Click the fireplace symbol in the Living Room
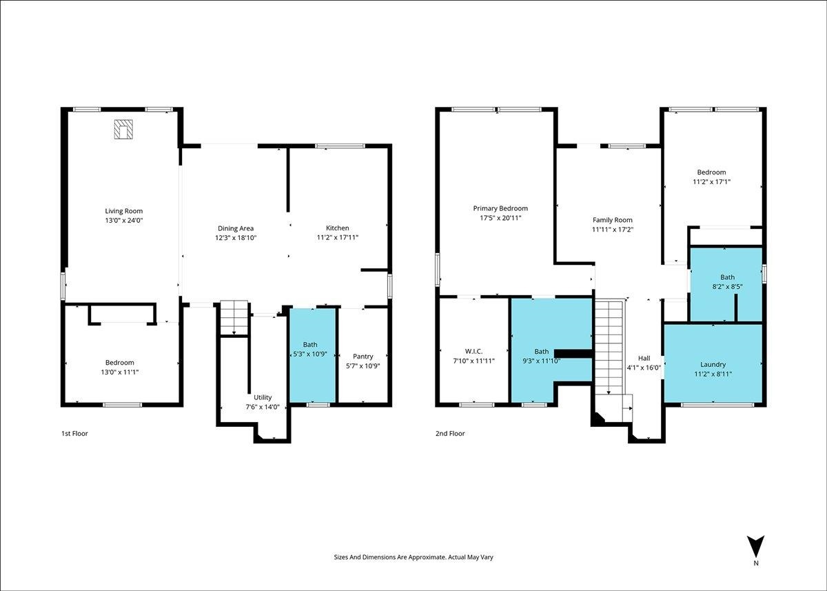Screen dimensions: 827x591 [123, 129]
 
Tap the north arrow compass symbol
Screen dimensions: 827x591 [755, 557]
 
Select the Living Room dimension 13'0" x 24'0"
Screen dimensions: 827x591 [123, 221]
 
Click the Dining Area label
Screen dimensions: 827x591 [236, 228]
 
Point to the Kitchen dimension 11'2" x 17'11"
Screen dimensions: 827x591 [338, 237]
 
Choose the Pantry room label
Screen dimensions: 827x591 [363, 357]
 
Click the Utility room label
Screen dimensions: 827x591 [263, 397]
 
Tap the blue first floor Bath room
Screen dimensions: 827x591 [313, 355]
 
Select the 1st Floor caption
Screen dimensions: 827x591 [74, 433]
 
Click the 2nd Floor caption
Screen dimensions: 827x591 [450, 433]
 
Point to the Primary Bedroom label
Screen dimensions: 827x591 [500, 208]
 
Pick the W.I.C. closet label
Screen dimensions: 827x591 [473, 351]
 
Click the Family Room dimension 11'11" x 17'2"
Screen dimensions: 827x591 [613, 230]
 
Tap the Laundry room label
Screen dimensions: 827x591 [713, 365]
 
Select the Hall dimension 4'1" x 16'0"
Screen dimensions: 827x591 [644, 368]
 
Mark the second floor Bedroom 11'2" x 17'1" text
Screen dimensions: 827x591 [711, 177]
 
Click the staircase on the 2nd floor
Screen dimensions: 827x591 [609, 347]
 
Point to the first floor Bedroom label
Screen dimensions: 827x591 [120, 363]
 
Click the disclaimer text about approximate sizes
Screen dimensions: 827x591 [413, 557]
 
